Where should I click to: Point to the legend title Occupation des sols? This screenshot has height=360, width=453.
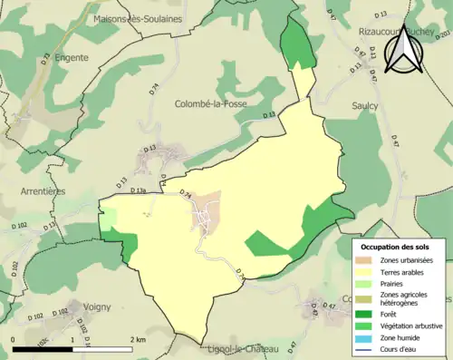tap(399, 247)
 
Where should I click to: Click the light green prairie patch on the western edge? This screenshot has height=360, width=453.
tap(109, 219)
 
